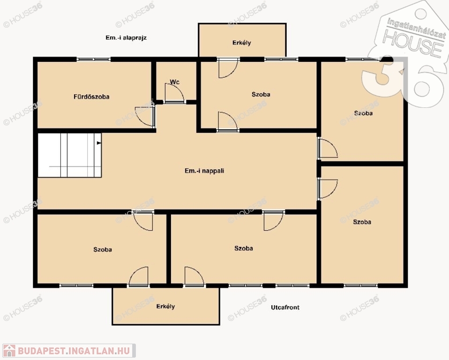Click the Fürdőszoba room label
91,97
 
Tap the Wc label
175,82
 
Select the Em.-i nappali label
204,171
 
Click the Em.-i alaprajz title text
126,37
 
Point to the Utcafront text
285,307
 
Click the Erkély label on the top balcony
242,43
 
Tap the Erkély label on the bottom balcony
165,307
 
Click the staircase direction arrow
99,142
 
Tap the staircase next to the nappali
69,155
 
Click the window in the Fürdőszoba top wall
94,60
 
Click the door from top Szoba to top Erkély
228,68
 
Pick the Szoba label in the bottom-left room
103,249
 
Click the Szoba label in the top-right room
363,113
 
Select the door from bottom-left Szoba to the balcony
139,277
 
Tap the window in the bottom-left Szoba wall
76,285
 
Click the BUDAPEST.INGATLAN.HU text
74,351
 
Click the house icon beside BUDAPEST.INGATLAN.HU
9,351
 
